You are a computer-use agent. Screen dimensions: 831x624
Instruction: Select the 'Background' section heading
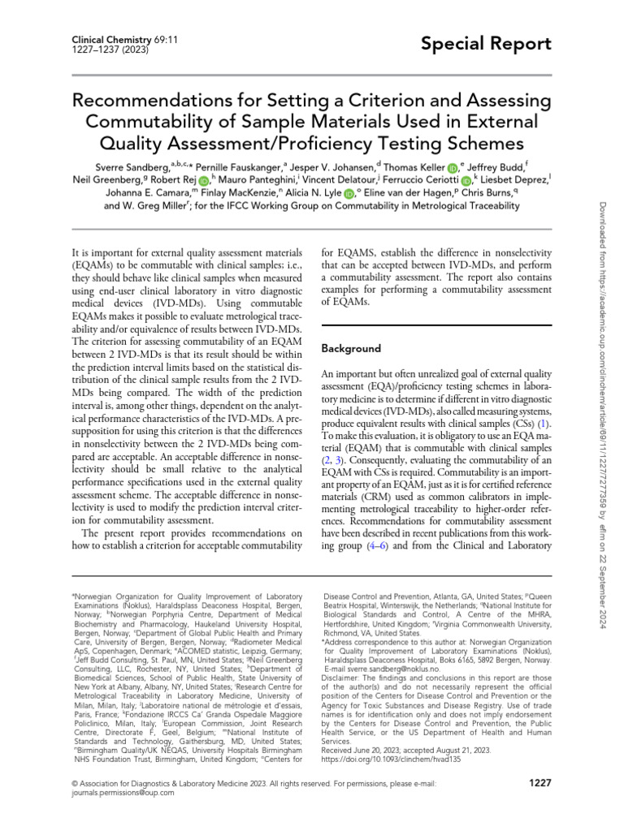click(x=351, y=348)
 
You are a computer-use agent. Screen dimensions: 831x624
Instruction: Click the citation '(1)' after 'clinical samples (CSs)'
click(x=546, y=424)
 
